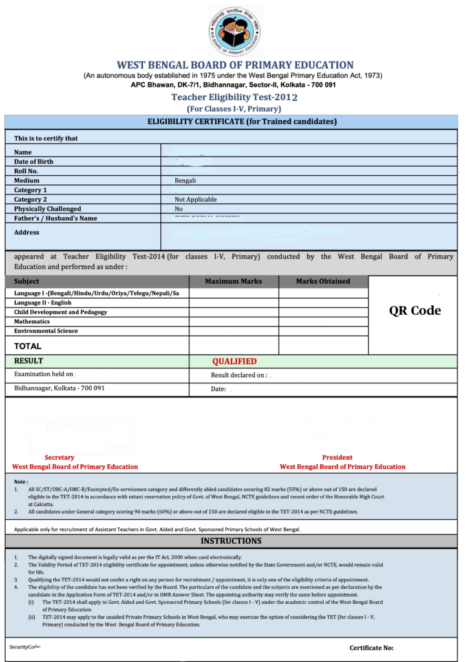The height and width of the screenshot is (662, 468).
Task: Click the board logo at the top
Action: click(235, 30)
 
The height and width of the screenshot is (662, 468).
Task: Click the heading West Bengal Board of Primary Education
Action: click(235, 65)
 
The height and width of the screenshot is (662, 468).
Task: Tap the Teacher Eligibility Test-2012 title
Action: click(234, 97)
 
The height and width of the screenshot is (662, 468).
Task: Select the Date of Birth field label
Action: click(34, 162)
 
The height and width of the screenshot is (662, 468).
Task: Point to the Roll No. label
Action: click(26, 171)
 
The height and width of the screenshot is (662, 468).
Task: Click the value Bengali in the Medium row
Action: click(185, 181)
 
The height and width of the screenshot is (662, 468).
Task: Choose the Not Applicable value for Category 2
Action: click(195, 200)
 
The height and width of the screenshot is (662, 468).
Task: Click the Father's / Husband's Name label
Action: click(56, 219)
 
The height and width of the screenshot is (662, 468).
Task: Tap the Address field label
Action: click(27, 233)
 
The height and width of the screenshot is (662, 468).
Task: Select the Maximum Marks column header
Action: click(233, 281)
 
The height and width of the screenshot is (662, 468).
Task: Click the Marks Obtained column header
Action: click(323, 281)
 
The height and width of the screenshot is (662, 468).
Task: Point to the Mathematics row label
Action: click(32, 321)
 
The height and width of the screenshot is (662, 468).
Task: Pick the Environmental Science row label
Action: click(46, 331)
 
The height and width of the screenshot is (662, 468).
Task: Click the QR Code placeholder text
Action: click(414, 310)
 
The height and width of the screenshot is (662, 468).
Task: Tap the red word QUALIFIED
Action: click(234, 361)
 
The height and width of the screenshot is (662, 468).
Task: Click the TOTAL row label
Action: click(28, 346)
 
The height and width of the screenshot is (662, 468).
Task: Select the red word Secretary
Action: click(59, 458)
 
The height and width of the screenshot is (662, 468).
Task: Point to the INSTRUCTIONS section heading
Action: click(231, 540)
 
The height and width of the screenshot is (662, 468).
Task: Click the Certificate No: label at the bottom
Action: click(371, 648)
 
